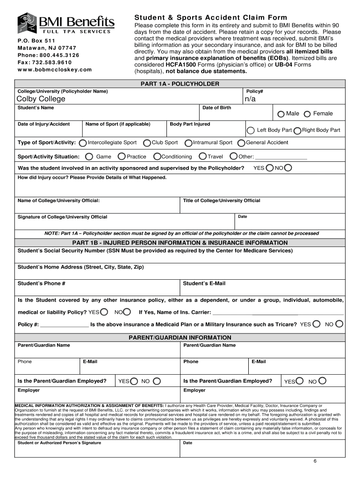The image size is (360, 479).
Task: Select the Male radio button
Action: [281, 114]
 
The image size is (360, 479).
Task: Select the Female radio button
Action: [307, 114]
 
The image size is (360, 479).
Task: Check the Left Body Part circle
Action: [251, 130]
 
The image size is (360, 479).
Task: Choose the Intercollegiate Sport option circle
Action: [83, 143]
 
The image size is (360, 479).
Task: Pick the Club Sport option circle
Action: [147, 143]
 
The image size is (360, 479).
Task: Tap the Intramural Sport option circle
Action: [188, 143]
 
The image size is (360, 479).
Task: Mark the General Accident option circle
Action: [241, 143]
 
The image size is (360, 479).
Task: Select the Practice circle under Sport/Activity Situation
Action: [122, 157]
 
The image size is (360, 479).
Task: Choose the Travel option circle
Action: [203, 157]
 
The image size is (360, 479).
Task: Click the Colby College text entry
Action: [41, 99]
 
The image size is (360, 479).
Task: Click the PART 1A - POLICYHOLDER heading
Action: [180, 84]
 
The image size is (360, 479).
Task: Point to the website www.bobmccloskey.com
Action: [55, 69]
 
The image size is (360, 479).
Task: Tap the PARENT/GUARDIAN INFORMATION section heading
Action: [180, 337]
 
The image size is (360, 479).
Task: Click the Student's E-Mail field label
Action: [204, 283]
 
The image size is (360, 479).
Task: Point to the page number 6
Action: [315, 461]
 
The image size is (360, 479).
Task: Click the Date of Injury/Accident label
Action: [44, 124]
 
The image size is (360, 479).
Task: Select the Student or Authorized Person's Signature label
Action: [59, 443]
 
